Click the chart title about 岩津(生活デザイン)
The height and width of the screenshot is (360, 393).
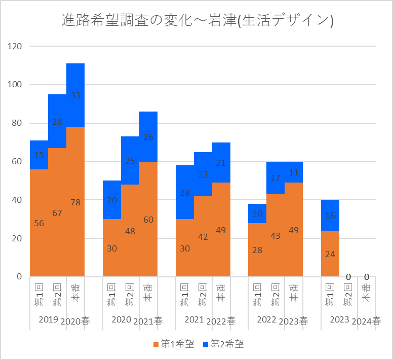[196, 21]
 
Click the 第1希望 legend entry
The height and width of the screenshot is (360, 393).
[174, 344]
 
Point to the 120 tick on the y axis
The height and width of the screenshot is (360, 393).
[16, 46]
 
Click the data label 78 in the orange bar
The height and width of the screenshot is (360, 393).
[75, 202]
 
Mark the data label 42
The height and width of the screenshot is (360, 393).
[203, 237]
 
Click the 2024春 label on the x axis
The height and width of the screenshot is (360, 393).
[367, 320]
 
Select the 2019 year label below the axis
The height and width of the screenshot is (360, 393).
[48, 320]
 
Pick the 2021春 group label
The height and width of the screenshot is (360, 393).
[148, 320]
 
